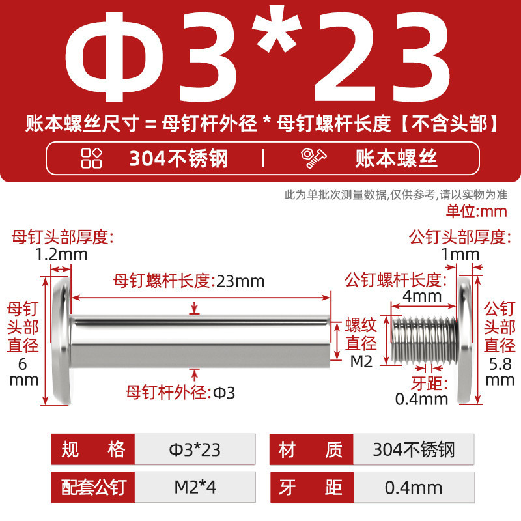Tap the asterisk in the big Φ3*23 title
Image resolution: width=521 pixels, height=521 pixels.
click(276, 29)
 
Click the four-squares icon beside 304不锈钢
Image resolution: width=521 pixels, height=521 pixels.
click(91, 158)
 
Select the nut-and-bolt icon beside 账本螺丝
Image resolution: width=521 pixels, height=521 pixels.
click(313, 158)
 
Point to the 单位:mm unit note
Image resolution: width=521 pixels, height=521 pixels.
click(477, 211)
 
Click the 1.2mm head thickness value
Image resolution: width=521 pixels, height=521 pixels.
click(61, 255)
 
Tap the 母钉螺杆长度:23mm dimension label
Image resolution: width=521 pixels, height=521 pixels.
click(189, 281)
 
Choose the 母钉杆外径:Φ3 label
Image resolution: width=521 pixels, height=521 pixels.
click(180, 393)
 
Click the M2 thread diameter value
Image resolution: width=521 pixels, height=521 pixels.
click(361, 361)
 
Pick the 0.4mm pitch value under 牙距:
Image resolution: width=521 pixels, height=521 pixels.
click(421, 399)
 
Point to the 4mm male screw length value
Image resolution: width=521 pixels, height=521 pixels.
click(422, 296)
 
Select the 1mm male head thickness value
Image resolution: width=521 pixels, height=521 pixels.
click(460, 255)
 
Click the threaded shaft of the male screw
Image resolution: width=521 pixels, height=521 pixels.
click(425, 339)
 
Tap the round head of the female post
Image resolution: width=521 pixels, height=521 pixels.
click(62, 341)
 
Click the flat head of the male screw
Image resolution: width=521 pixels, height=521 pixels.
click(465, 340)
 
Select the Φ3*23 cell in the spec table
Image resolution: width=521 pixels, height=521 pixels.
click(195, 449)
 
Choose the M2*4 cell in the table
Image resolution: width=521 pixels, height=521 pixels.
click(195, 487)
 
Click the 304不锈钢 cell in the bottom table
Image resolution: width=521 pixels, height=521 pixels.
click(414, 449)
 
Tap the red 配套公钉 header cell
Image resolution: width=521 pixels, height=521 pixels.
click(92, 487)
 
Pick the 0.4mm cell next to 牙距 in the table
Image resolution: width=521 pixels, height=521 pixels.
click(414, 487)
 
